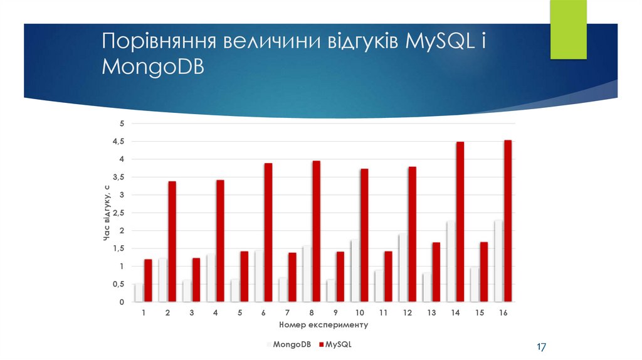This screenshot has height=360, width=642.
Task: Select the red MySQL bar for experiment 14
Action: pos(460,222)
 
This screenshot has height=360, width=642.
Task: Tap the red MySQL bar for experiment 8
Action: pos(316,231)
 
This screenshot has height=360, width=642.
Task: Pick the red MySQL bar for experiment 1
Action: pos(148,280)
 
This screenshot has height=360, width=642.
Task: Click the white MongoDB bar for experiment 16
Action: pos(498,261)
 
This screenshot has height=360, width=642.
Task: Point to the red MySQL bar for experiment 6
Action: pos(268,233)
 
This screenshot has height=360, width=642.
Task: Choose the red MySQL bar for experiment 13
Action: pos(436,272)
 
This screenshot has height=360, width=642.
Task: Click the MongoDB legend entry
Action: pos(289,344)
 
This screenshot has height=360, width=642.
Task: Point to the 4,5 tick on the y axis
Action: pos(119,142)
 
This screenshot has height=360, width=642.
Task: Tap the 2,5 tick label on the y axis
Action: pos(119,213)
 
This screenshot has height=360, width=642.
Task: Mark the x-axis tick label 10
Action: pos(359,312)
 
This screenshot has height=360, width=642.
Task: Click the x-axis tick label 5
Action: pos(239,312)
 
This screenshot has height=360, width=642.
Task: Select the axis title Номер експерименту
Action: pos(323,325)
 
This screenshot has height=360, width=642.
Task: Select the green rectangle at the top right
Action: pos(568,29)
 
